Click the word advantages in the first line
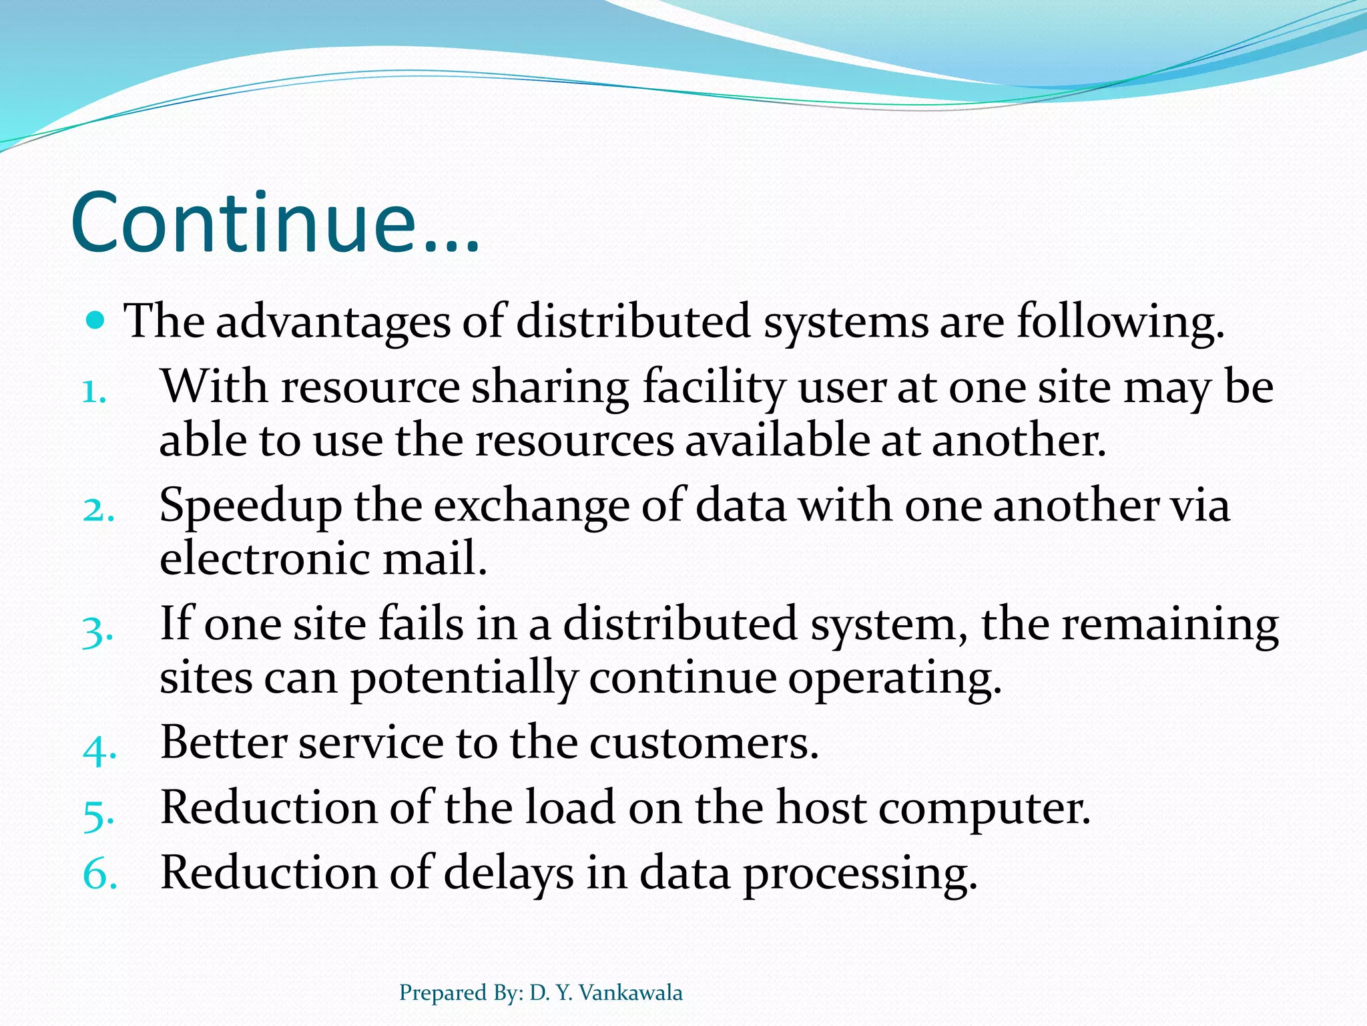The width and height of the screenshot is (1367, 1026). (x=332, y=322)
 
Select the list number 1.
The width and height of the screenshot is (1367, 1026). (x=94, y=391)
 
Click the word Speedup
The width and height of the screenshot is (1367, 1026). (x=250, y=507)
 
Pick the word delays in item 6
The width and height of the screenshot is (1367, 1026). (x=508, y=874)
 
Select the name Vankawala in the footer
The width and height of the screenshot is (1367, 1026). (x=630, y=993)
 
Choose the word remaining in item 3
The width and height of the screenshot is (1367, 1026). (x=1169, y=625)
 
